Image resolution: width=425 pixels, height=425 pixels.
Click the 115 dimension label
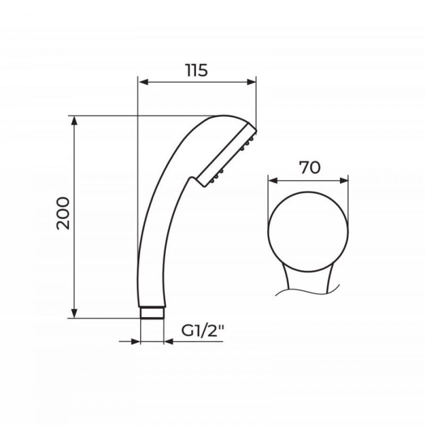click(x=197, y=70)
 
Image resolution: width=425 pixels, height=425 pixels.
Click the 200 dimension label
click(x=63, y=214)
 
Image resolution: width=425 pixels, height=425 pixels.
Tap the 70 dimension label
click(x=309, y=167)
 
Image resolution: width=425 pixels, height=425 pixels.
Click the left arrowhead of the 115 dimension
click(x=143, y=82)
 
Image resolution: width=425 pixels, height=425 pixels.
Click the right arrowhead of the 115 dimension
click(x=251, y=82)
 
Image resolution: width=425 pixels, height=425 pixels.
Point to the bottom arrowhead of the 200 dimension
click(x=74, y=313)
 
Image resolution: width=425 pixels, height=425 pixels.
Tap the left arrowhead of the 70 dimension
click(x=273, y=181)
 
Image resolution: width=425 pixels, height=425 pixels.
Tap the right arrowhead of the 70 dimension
click(x=343, y=181)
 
